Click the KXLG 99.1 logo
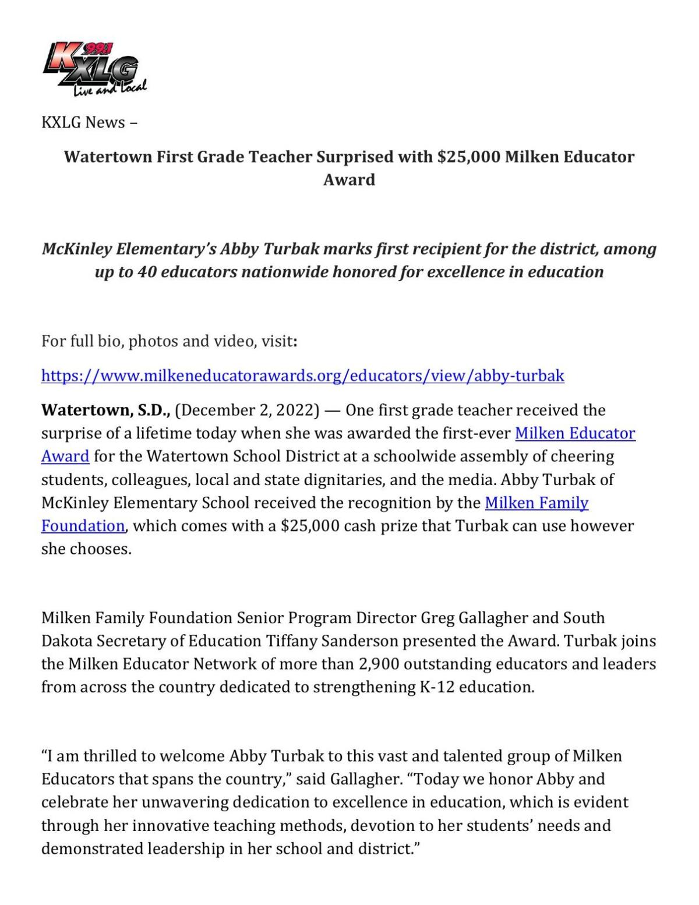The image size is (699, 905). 94,69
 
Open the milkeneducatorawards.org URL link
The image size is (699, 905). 302,376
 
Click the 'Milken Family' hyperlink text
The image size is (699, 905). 536,503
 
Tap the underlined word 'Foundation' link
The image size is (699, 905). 83,526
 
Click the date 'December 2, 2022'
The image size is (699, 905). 247,411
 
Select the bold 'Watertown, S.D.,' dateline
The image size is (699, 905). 105,411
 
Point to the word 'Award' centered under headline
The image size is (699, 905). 349,179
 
